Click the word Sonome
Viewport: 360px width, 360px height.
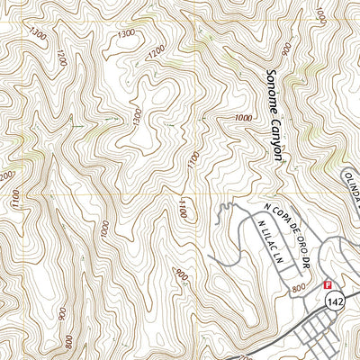272,94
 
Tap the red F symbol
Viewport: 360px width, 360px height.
328,283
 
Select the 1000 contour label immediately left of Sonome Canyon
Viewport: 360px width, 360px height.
243,118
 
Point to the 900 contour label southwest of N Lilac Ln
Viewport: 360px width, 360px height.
183,275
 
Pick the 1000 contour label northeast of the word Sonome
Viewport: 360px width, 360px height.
319,16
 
